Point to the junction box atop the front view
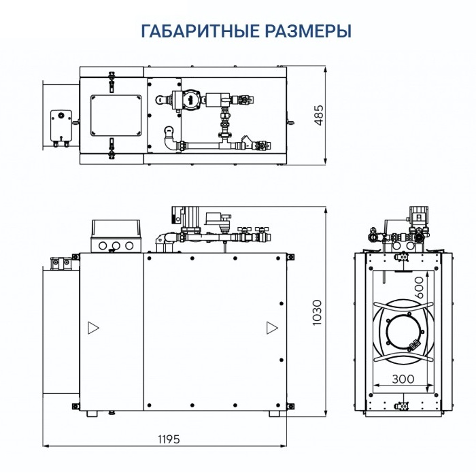[116, 235]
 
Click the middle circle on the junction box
[116, 245]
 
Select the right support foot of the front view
[273, 413]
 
